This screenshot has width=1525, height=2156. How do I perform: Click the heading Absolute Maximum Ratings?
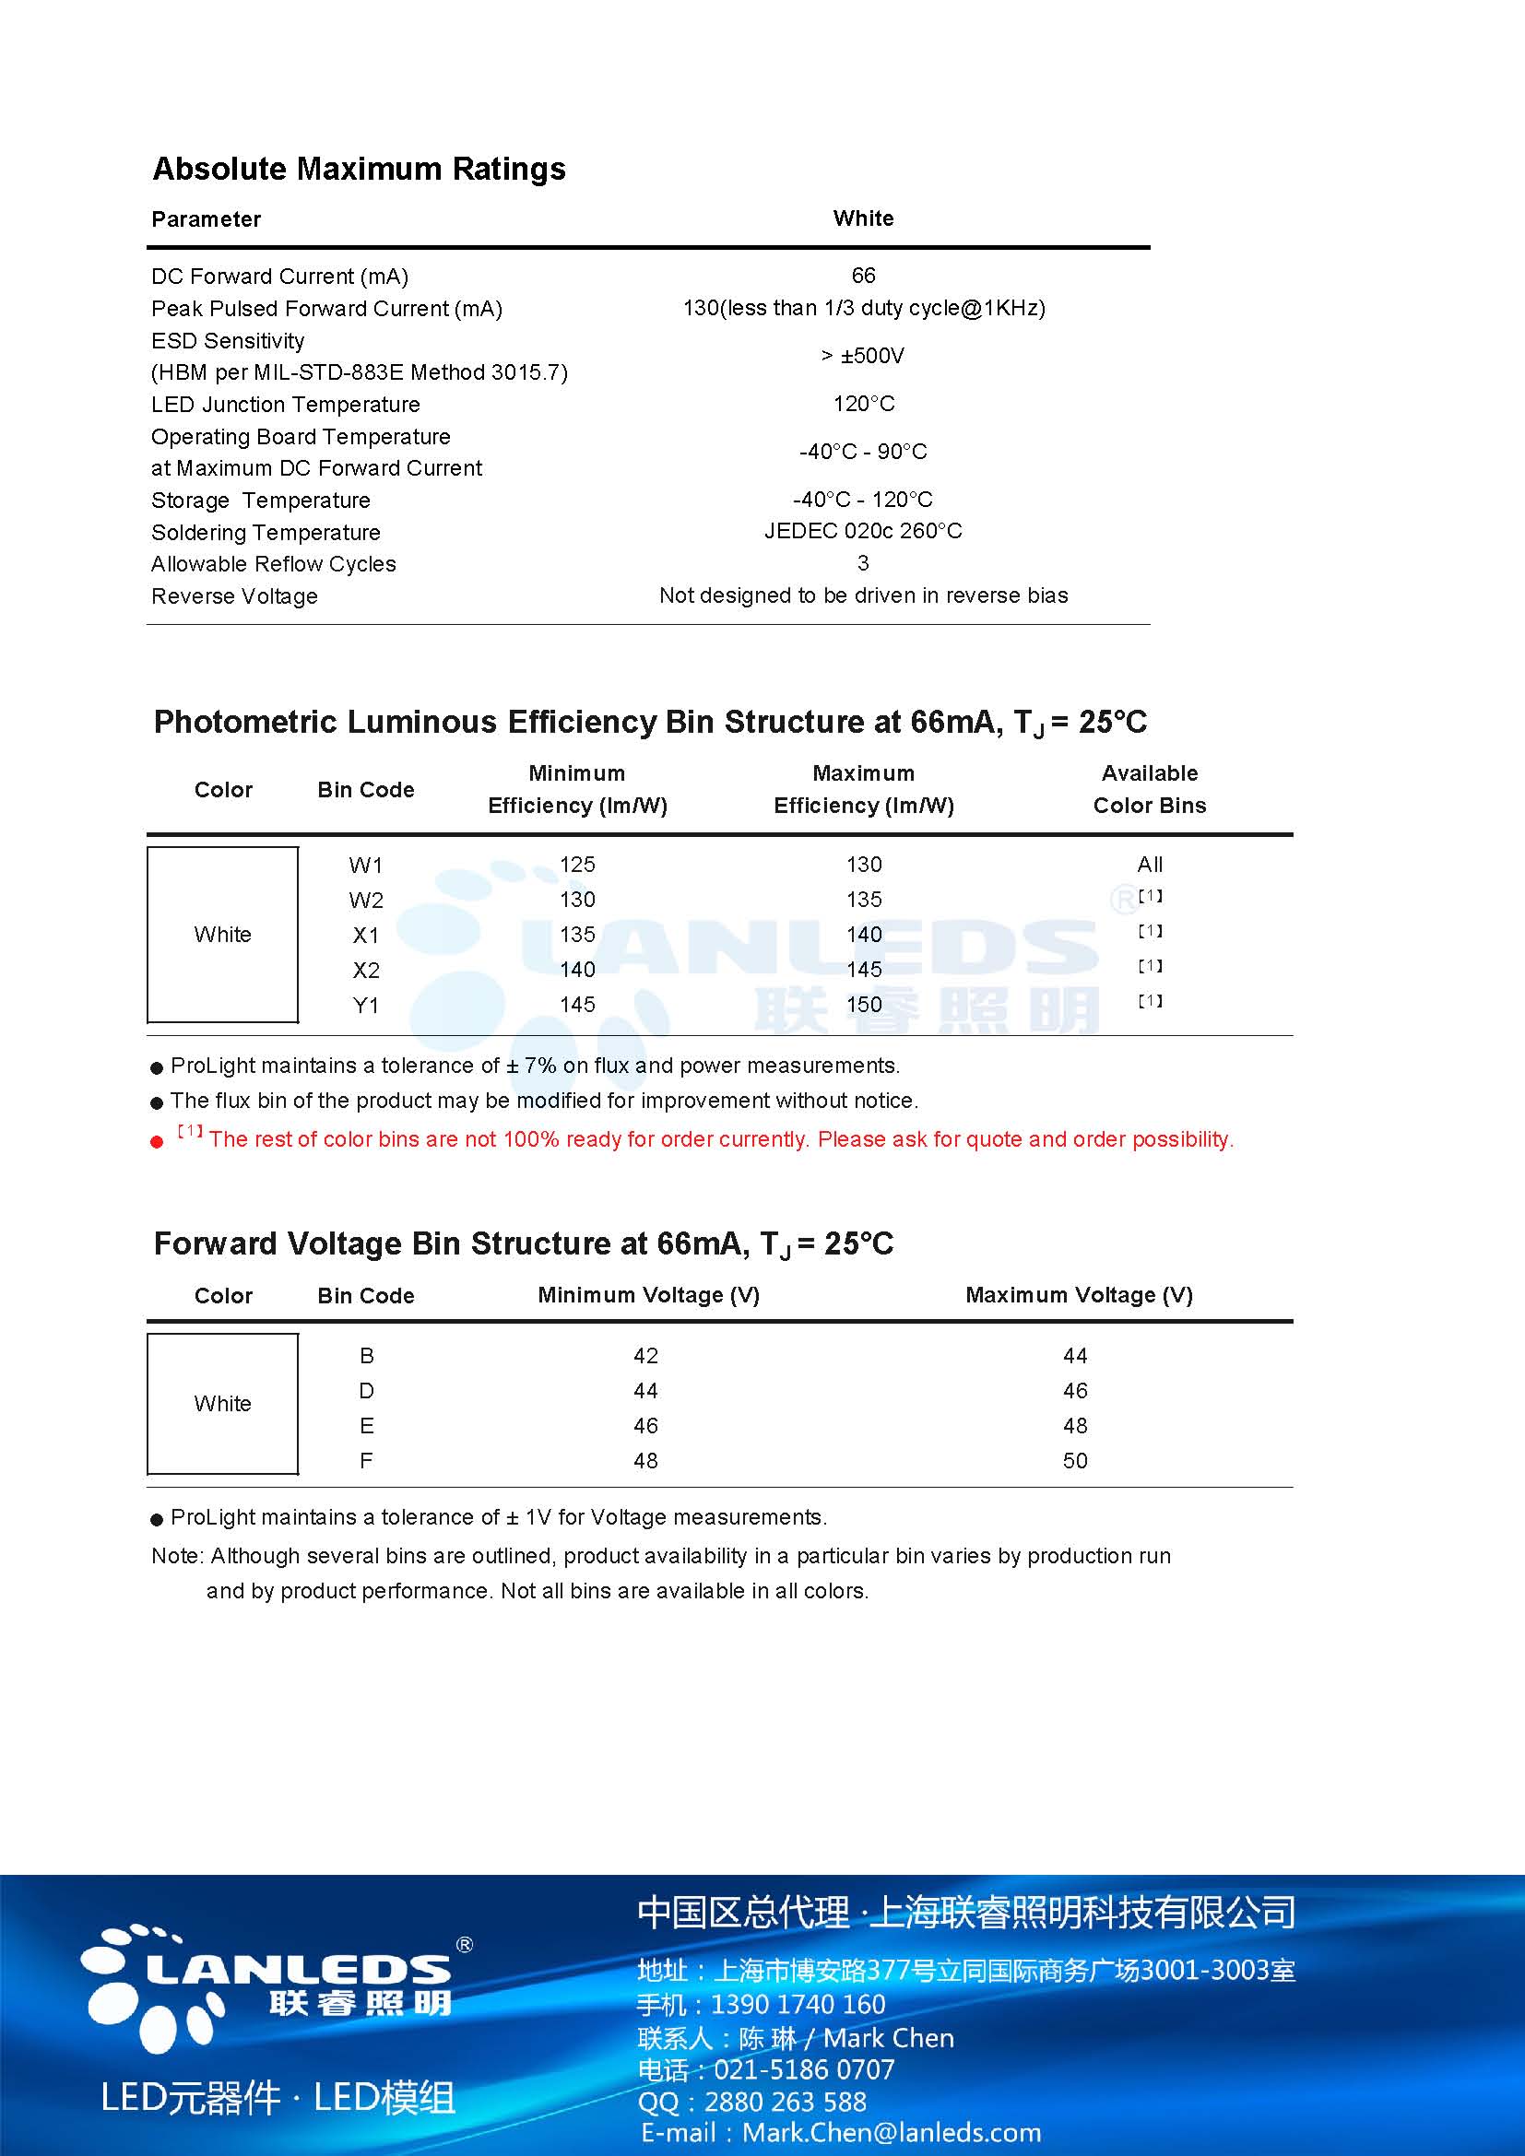click(x=359, y=169)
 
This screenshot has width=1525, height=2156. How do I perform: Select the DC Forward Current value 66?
click(x=863, y=275)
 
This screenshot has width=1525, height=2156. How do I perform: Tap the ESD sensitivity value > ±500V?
click(x=863, y=356)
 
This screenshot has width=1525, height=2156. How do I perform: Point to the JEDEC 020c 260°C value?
click(x=863, y=532)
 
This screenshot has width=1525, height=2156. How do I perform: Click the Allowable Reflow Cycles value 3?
click(x=863, y=563)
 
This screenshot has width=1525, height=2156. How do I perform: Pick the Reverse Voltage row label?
click(x=235, y=596)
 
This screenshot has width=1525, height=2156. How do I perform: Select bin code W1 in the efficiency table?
click(x=365, y=865)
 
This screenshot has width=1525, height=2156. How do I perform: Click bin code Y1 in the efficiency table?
click(x=365, y=1006)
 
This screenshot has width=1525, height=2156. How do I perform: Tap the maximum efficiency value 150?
click(x=863, y=1005)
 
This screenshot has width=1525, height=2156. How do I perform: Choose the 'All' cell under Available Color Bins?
click(x=1150, y=865)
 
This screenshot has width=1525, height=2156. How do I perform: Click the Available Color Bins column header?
click(x=1150, y=790)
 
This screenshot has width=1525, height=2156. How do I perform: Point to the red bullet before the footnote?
click(x=157, y=1142)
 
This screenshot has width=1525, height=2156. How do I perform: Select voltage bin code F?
click(x=366, y=1461)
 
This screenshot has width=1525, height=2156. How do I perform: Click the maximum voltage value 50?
click(x=1075, y=1461)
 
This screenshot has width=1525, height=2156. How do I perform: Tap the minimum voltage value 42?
click(x=645, y=1356)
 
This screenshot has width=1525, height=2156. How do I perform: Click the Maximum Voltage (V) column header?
click(x=1079, y=1296)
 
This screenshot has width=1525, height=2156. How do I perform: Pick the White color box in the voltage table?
click(x=222, y=1404)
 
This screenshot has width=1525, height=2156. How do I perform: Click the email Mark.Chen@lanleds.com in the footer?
click(x=892, y=2133)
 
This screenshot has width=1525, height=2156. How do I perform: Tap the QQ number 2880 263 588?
click(x=785, y=2102)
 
